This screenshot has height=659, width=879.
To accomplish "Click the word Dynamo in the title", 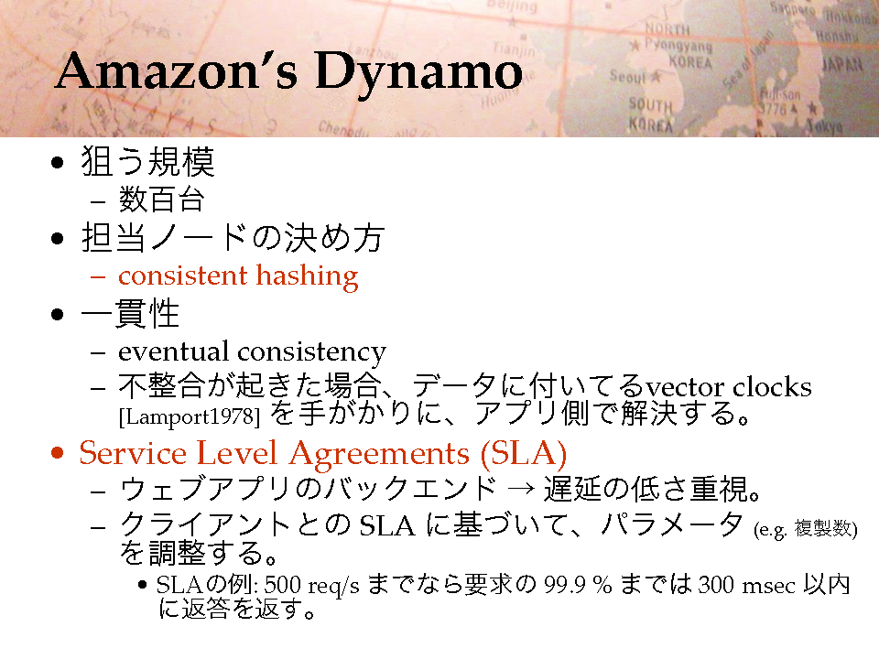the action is (418, 72).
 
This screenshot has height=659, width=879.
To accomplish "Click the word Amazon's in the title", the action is (176, 70).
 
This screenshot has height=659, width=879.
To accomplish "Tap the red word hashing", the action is (308, 276).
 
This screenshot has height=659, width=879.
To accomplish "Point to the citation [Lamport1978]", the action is (190, 417).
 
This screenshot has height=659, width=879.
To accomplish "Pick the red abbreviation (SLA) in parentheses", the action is (524, 453).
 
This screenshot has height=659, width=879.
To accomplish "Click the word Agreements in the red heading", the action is (379, 455).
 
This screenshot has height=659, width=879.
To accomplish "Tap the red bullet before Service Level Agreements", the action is (57, 452).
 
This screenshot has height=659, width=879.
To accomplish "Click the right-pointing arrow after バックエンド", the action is (520, 489).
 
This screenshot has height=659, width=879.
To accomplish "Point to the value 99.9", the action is (565, 585).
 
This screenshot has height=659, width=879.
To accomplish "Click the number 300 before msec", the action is (716, 585).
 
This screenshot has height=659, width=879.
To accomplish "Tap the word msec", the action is (768, 587).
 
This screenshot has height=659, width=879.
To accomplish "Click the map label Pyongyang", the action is (678, 45).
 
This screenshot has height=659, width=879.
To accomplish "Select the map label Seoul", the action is (628, 76).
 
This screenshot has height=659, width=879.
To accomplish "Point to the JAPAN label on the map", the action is (842, 64).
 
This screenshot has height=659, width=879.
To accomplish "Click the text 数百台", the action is (161, 200).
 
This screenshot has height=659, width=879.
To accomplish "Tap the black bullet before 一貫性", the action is (57, 314).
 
